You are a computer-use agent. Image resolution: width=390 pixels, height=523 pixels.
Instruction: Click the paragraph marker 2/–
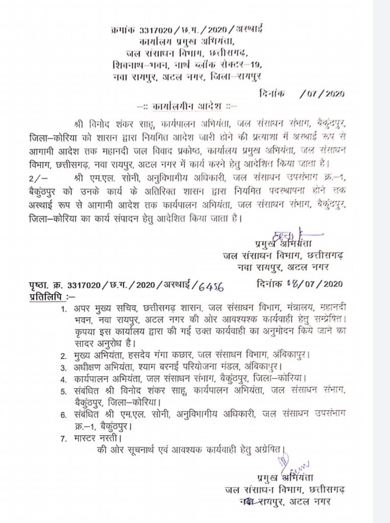click(37, 177)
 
